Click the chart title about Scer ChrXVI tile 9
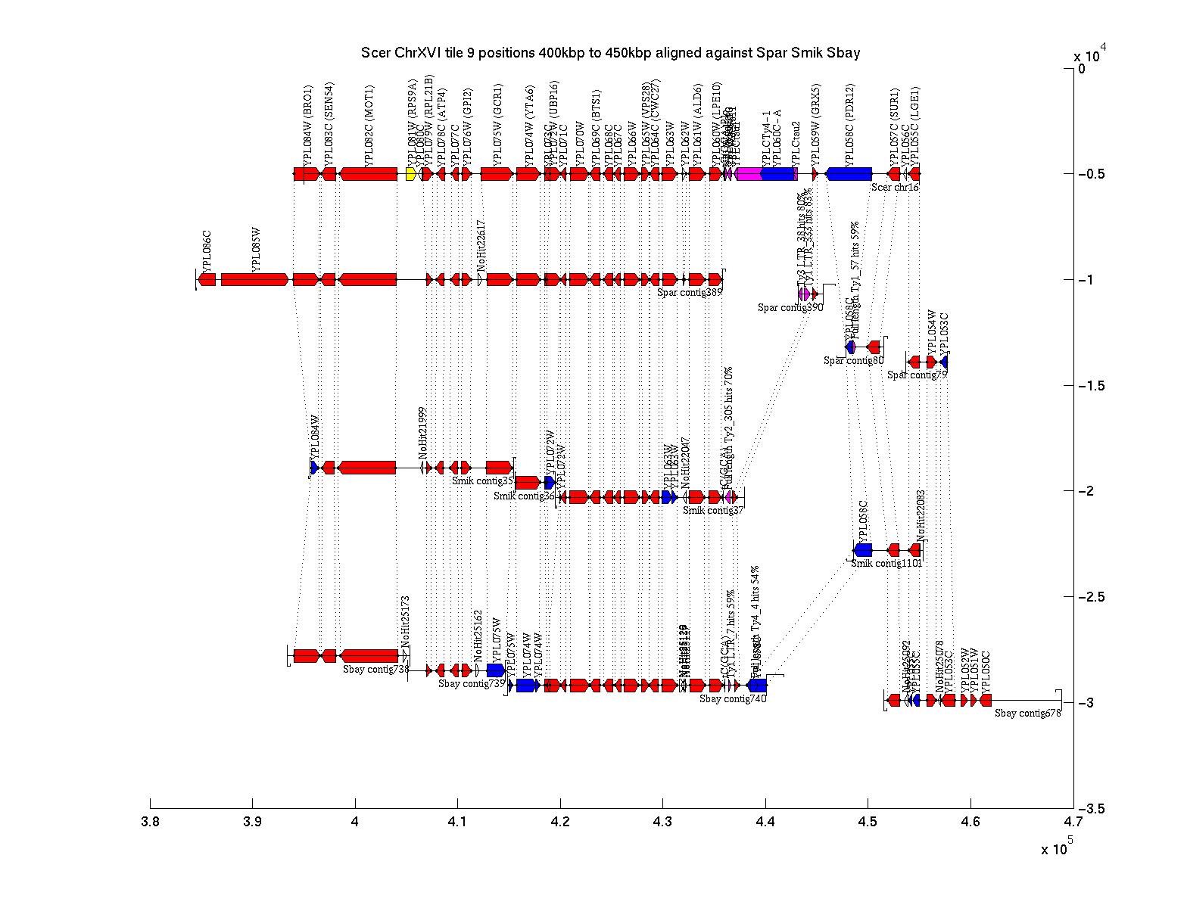pos(610,53)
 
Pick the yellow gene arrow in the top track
pos(410,174)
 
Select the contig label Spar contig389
pos(690,292)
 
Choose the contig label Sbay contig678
pos(1027,713)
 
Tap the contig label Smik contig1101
pos(886,563)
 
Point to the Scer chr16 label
pos(895,187)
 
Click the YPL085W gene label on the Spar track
pos(257,249)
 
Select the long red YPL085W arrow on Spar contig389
pos(254,279)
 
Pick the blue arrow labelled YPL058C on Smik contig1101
pos(863,550)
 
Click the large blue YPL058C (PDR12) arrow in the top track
pos(848,174)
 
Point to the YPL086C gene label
pos(206,249)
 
